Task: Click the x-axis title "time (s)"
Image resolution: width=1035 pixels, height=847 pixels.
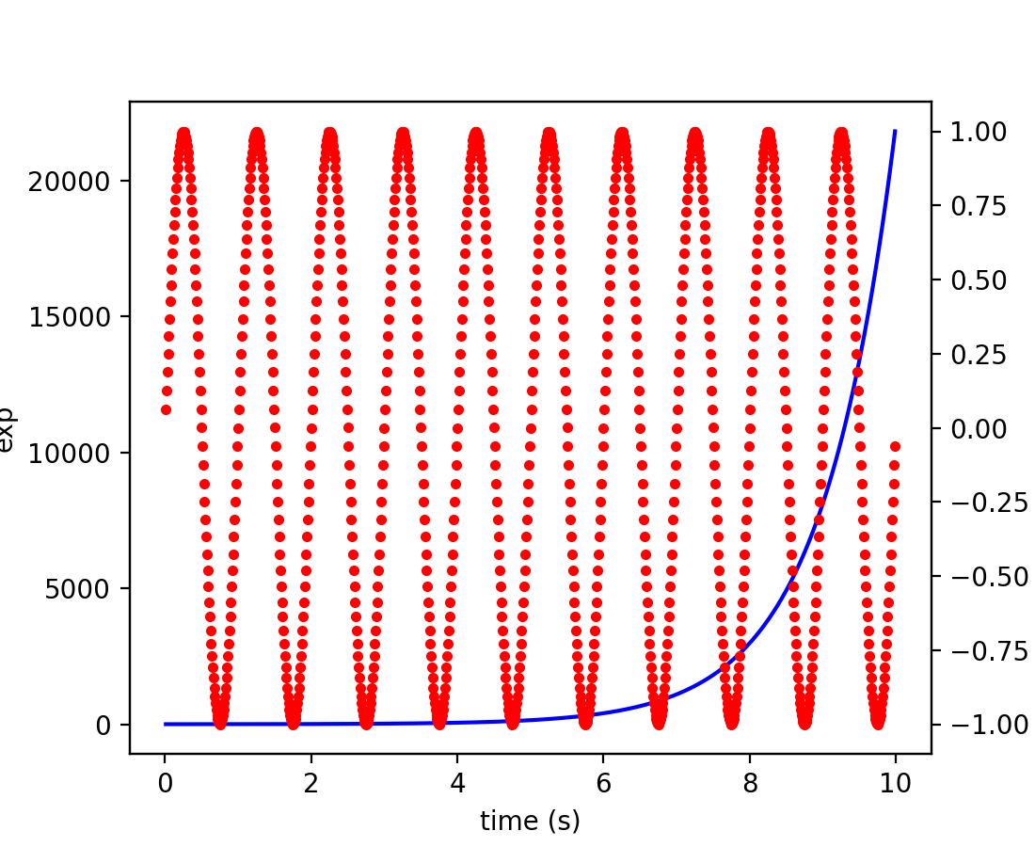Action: pos(530,822)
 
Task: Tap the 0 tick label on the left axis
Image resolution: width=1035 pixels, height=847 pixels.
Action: pos(103,725)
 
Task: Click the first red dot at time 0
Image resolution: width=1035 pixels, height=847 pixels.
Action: pos(166,409)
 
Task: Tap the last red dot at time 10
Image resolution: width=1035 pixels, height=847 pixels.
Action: pos(895,446)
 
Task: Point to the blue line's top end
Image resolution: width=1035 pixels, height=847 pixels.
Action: pos(895,131)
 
